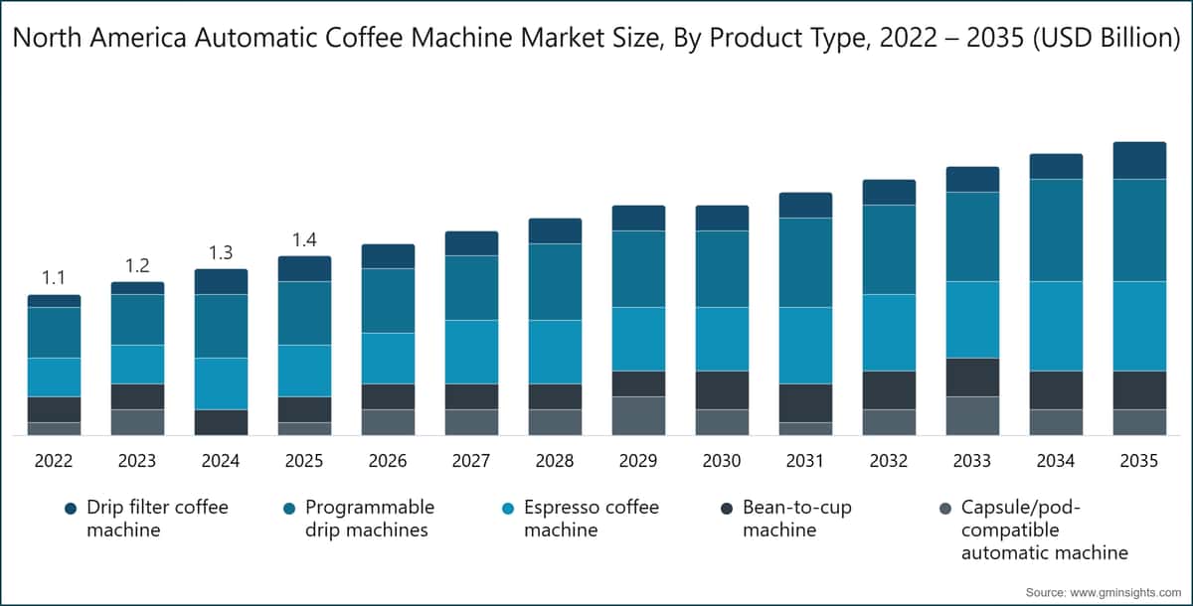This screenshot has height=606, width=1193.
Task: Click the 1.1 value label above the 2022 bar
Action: point(54,278)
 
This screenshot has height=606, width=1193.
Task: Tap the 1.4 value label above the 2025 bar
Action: point(304,239)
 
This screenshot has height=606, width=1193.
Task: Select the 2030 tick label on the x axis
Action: point(722,461)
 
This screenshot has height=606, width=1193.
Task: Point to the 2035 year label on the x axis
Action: point(1139,461)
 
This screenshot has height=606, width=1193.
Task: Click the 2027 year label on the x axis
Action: point(471,461)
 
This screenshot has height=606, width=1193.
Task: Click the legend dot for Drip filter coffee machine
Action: point(70,509)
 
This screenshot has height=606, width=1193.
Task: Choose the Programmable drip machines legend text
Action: point(369,519)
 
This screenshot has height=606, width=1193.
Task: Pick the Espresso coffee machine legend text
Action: point(591,519)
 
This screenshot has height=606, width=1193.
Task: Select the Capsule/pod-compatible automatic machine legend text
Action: point(1044,530)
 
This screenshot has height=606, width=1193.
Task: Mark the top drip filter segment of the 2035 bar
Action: point(1139,160)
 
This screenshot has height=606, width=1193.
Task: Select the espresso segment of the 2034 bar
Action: point(1056,326)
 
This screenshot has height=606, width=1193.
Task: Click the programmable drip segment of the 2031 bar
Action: point(805,262)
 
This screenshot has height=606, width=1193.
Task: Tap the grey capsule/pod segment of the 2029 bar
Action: point(638,415)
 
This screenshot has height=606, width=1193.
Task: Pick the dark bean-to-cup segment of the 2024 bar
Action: point(221,422)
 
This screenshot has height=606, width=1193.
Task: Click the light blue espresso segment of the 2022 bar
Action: point(54,377)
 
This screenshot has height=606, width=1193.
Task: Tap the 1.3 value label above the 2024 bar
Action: point(221,252)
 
